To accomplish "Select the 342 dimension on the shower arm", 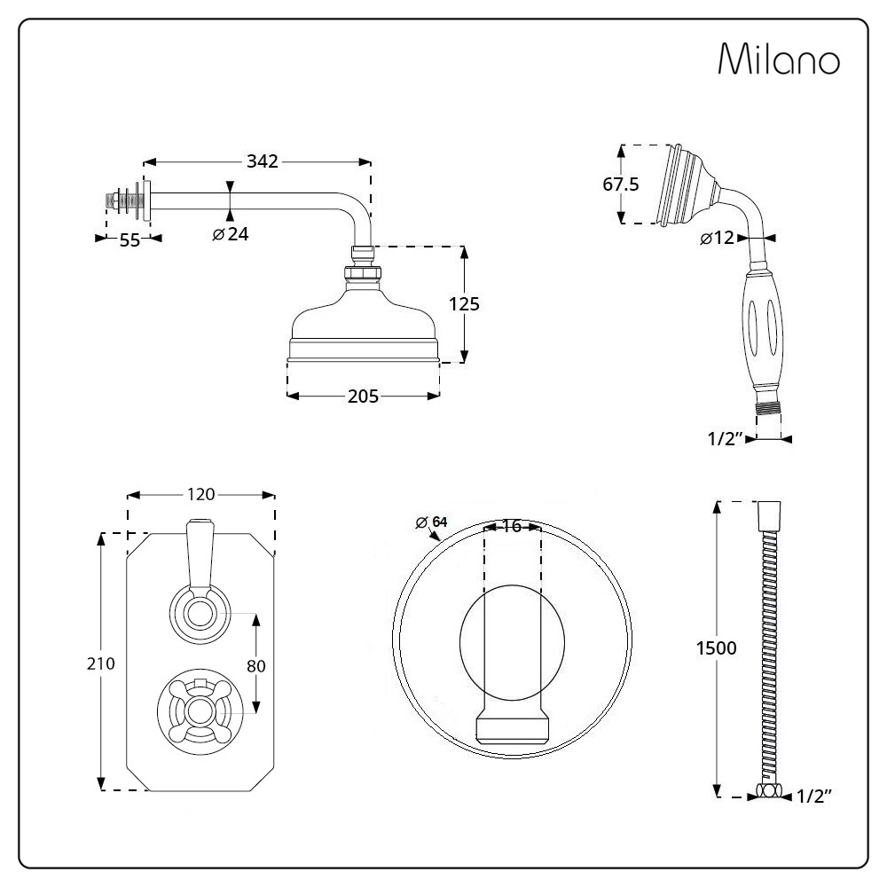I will coord(263,161).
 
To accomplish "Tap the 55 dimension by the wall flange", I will coord(130,240).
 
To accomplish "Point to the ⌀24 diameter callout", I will coord(231,234).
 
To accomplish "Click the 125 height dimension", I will coord(464,304).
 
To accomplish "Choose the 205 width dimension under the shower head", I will coord(363,396).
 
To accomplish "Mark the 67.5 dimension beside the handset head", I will coord(621,184).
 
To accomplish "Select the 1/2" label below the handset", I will coord(725,438).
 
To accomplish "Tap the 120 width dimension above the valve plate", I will coord(201,494).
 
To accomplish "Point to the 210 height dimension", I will coord(100,663).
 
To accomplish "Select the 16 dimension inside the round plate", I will coord(511,526).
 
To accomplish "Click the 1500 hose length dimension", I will coord(716,648).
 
